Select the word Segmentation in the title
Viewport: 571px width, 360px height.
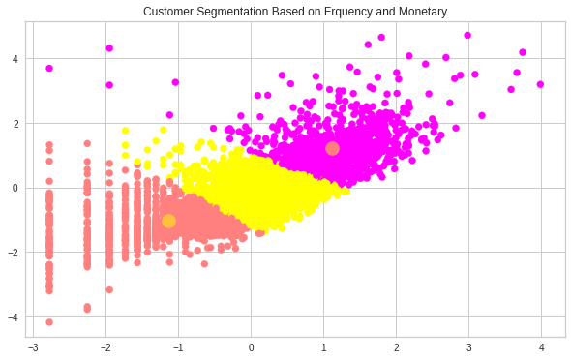pos(240,12)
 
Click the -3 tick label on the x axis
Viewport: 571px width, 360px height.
pos(32,347)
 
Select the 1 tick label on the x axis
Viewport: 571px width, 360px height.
pos(324,347)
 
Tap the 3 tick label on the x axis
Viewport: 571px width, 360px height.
pos(468,347)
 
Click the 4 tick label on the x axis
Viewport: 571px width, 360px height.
pos(541,347)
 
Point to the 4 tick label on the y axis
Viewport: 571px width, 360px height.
pos(15,59)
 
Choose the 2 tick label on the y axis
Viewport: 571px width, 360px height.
pos(15,124)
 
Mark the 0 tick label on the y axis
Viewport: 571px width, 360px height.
pos(15,188)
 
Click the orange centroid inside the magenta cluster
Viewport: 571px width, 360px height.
pos(332,148)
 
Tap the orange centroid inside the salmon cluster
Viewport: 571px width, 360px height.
pos(168,221)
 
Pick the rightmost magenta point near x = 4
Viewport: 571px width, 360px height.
pos(540,84)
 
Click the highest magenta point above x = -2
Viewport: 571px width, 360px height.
pos(109,47)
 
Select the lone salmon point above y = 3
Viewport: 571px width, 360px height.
pos(49,68)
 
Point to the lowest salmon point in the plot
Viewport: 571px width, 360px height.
pos(49,322)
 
